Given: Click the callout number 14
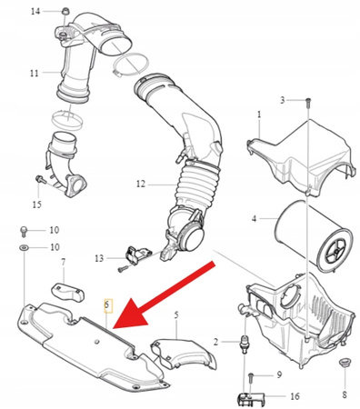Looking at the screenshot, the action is tap(35, 12).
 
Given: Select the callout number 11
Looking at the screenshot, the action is tap(35, 73).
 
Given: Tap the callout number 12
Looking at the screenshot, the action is tap(141, 184).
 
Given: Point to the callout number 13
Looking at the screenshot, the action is tap(99, 258).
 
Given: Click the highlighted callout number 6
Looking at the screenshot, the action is tap(107, 304).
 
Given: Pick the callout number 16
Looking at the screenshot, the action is tap(295, 396).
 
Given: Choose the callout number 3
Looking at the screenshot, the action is tap(282, 100).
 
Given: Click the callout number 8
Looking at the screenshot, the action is tap(345, 394).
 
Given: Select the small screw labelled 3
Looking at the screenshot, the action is tap(307, 102).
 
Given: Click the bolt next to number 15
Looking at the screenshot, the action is tap(41, 179).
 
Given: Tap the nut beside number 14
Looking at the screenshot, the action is tap(65, 12).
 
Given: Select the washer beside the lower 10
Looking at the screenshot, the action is tap(24, 248).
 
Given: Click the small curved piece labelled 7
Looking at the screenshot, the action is tap(67, 292).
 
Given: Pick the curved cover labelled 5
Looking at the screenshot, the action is tap(184, 354).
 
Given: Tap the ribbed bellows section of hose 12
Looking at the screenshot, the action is tap(197, 187).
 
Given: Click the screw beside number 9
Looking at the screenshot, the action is tap(251, 377).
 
